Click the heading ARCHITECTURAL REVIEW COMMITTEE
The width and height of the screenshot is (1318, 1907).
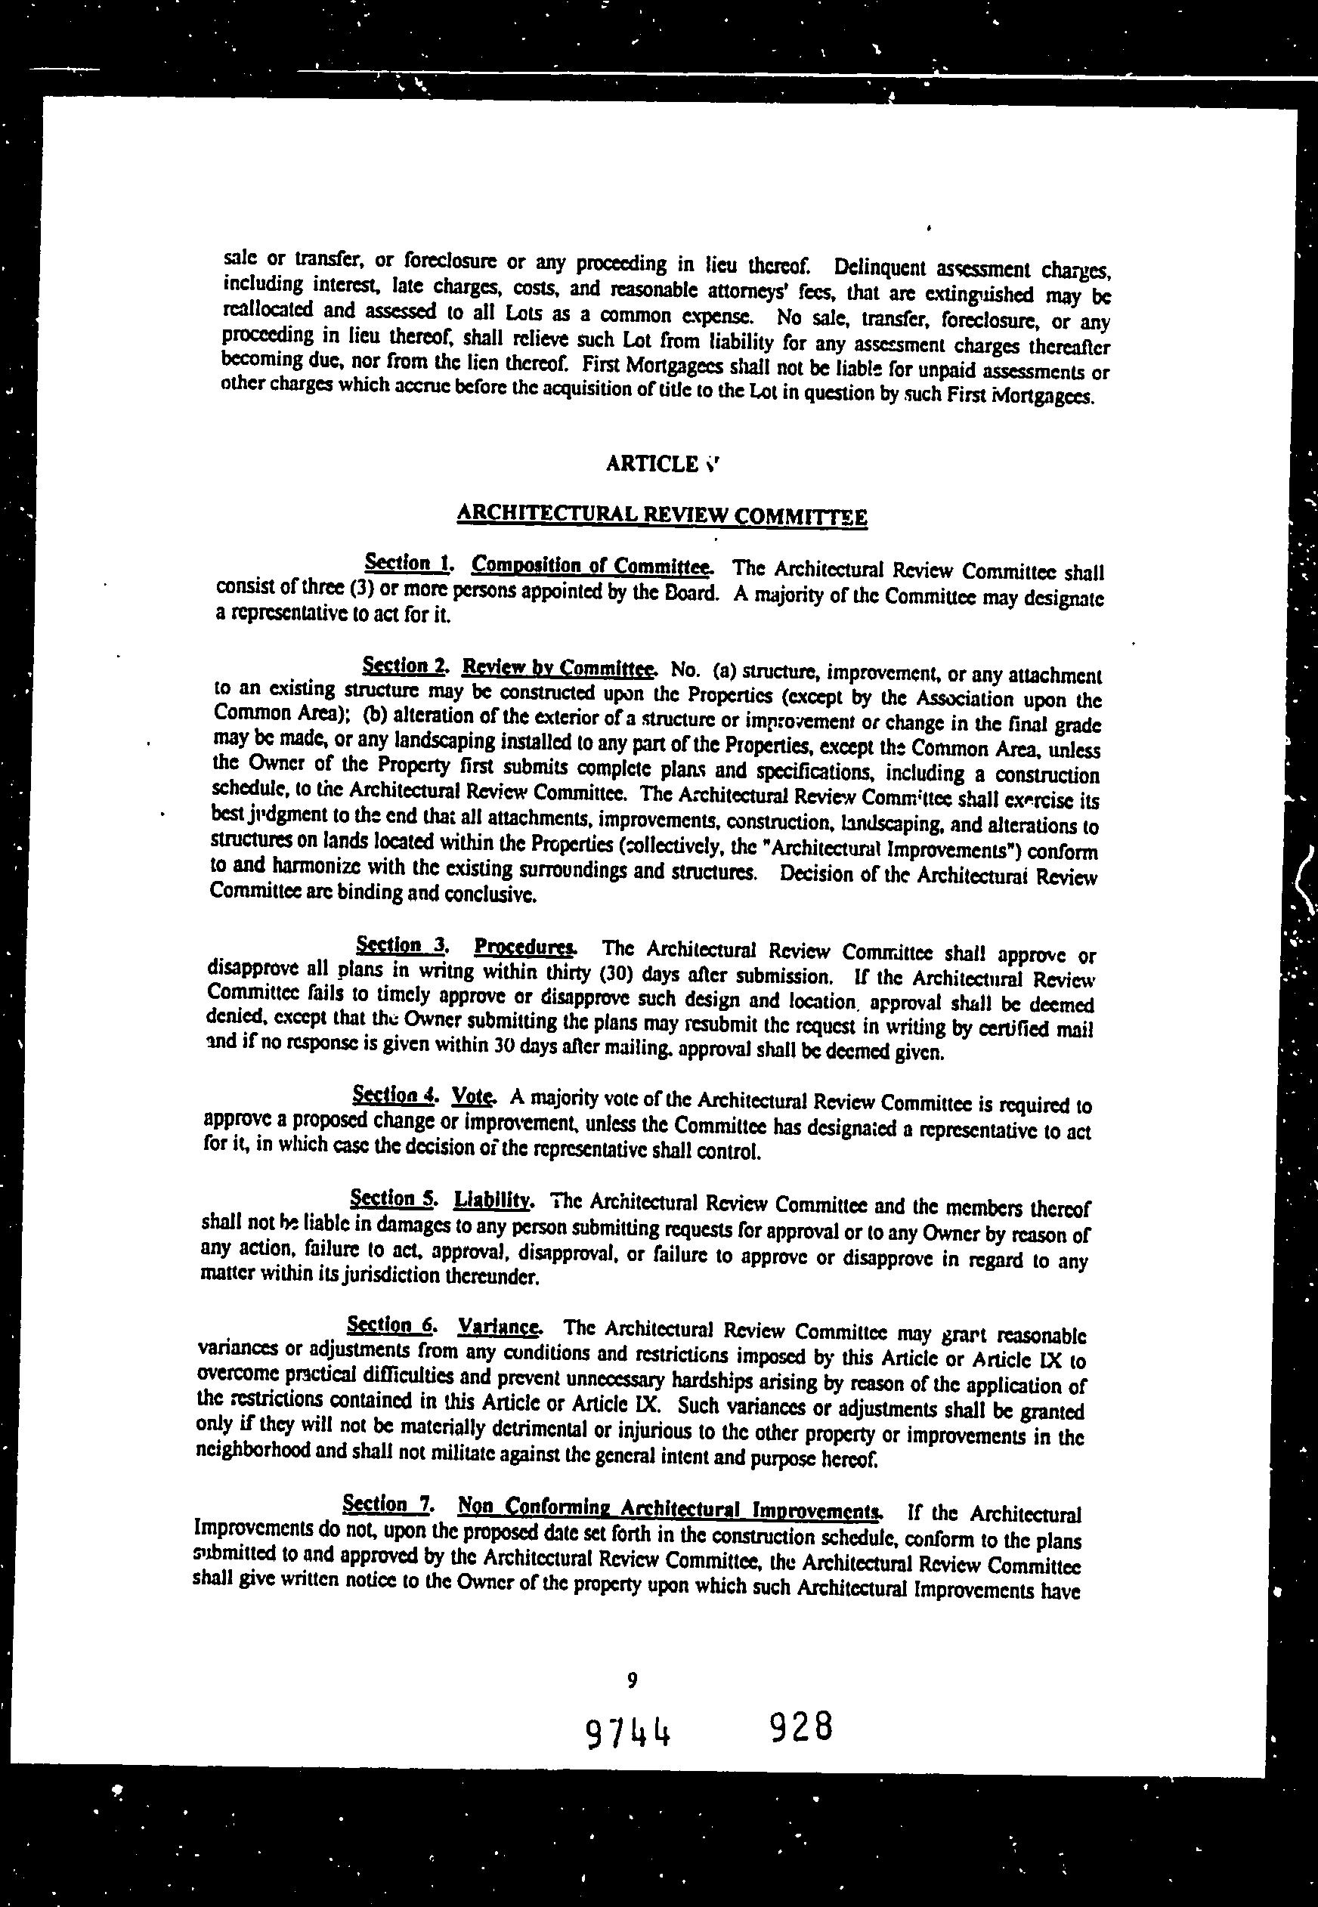pyautogui.click(x=661, y=516)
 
